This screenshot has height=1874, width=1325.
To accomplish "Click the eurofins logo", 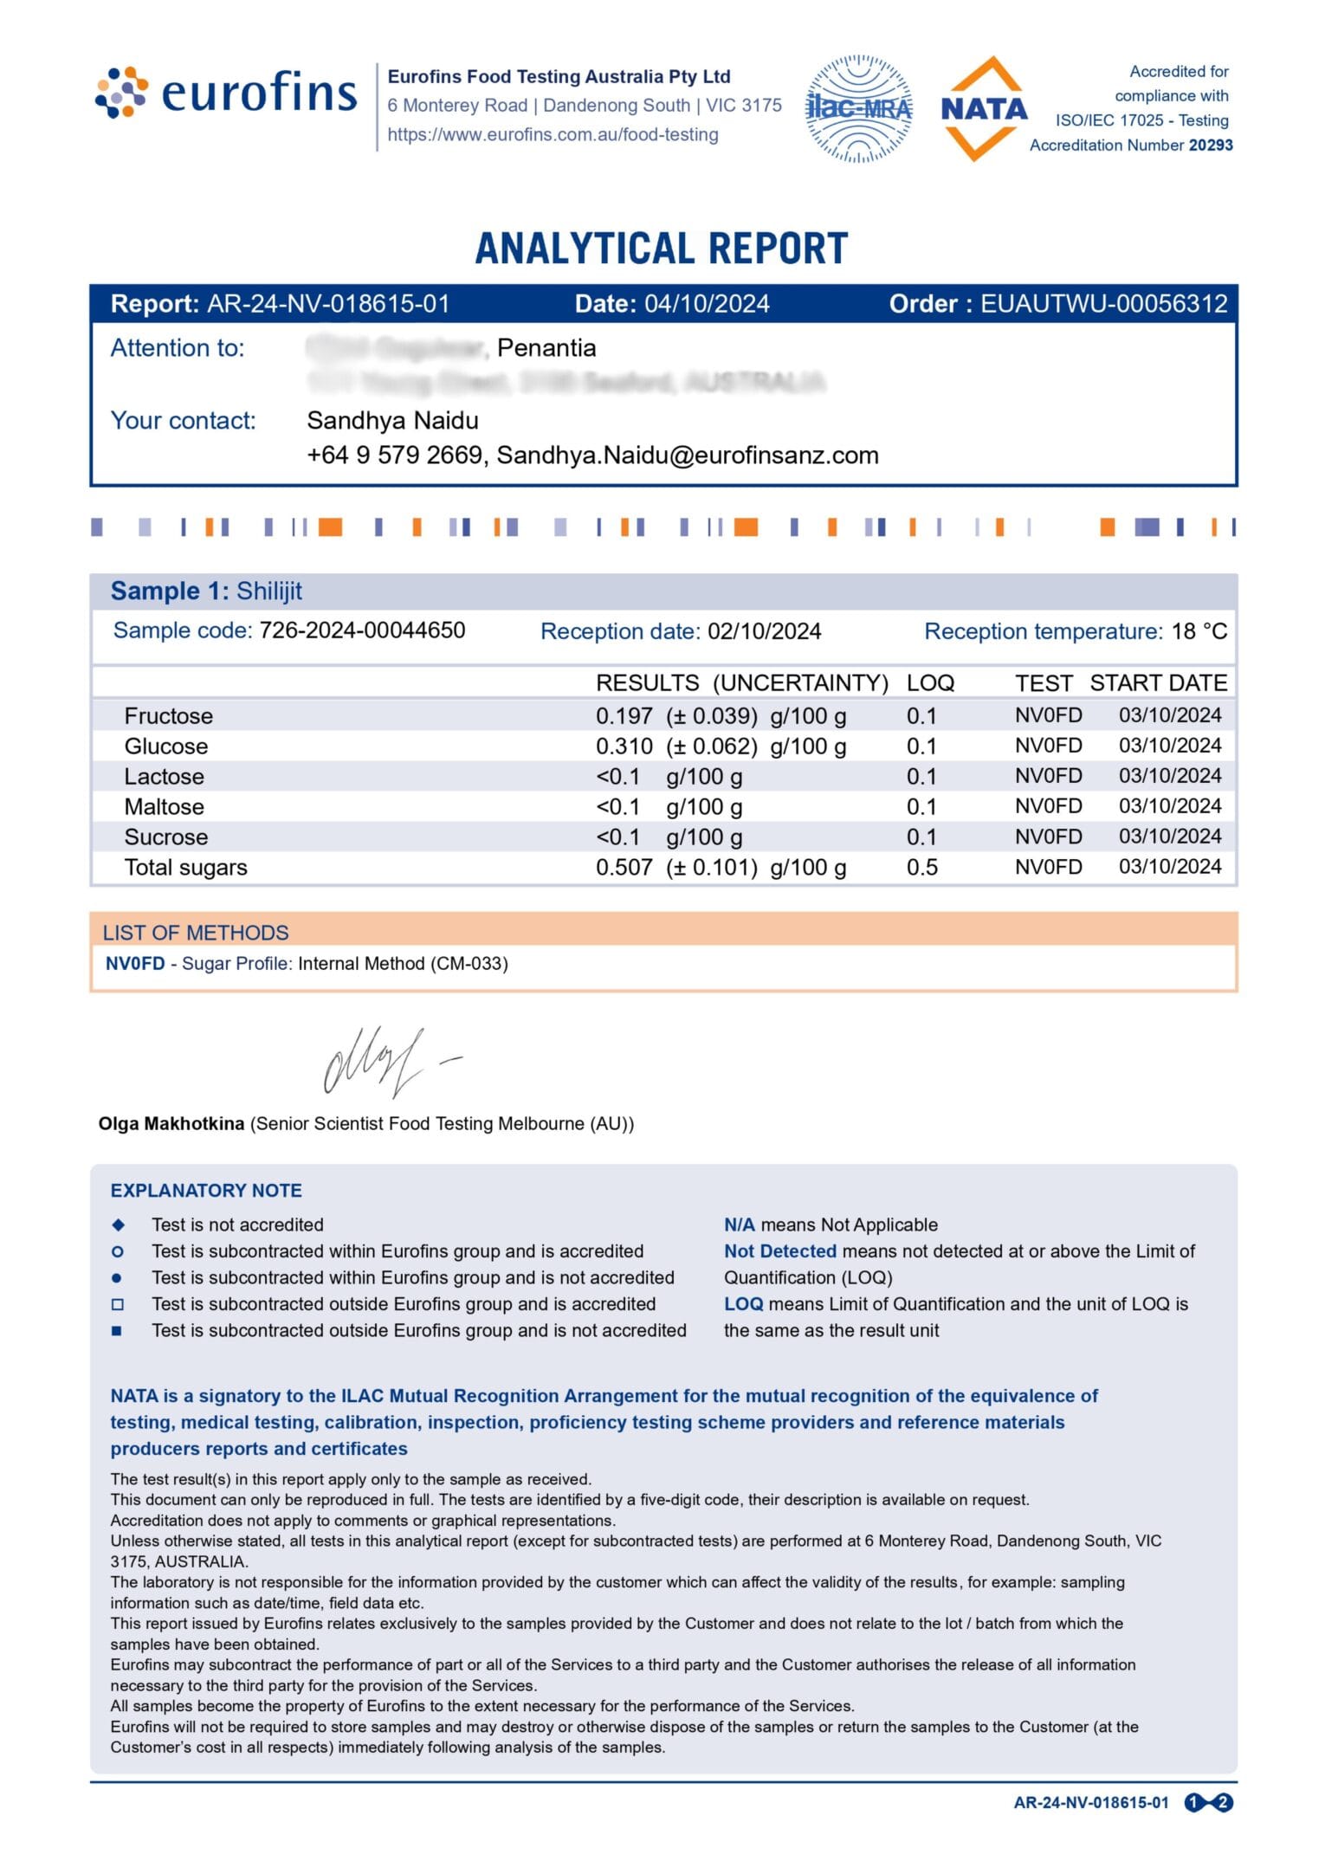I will pos(225,92).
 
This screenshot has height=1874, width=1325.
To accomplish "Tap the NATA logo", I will pos(984,109).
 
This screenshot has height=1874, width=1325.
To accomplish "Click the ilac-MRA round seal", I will pos(858,109).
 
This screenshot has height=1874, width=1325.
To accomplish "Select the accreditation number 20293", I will pos(1211,145).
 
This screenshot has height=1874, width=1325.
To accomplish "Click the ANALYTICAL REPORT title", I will pos(662,249).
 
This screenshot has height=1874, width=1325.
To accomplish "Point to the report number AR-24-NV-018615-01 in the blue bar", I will pos(328,304).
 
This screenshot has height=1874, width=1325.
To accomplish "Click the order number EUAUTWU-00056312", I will pos(1103,304).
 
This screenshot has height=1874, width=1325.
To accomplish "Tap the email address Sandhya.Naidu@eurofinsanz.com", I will pos(688,456).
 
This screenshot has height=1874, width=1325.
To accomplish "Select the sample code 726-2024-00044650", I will pos(362,630).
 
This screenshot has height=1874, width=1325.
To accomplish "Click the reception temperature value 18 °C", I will pos(1199,631).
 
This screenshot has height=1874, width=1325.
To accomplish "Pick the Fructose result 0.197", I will pos(624,716).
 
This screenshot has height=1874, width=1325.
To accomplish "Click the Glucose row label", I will pos(165,746).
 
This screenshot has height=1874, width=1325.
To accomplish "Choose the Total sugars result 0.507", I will pos(624,868).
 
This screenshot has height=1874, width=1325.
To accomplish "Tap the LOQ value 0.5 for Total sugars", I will pos(921,868).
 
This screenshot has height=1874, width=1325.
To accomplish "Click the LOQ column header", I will pos(930,683).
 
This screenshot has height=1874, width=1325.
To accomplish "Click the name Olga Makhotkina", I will pos(171,1124).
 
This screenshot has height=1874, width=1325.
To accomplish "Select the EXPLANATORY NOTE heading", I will pos(206,1191).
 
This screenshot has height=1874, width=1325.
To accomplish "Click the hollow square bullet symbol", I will pos(118,1304).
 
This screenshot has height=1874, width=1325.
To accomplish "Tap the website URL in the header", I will pos(553,135).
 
